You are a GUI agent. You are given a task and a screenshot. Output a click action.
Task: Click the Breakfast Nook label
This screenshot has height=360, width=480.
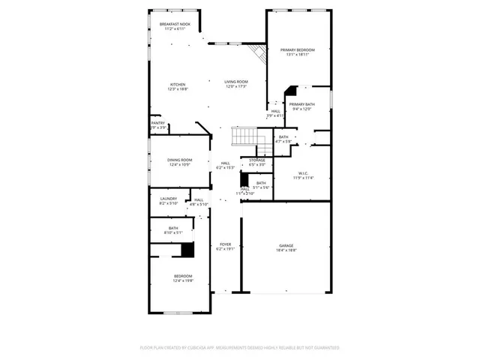pos(175,24)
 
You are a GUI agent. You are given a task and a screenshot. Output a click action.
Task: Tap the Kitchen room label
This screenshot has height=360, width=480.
pos(178,84)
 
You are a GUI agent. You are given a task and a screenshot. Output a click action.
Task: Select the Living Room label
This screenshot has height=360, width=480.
pos(236,82)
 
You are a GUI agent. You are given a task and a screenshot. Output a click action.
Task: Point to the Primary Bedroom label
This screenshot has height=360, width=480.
pos(298,50)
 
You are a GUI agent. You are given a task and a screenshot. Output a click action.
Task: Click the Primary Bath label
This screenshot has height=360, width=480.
pos(302,104)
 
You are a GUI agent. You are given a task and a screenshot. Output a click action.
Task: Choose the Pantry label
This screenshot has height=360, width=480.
pos(157,123)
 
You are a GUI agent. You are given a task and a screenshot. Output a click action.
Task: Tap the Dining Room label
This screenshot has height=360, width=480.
pos(179,159)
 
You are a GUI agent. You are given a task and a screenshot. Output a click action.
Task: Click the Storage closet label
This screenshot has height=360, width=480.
pos(257,160)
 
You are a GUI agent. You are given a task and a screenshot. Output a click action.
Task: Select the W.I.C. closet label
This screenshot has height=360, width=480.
pos(302,173)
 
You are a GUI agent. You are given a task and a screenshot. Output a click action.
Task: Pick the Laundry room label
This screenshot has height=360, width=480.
pos(168,198)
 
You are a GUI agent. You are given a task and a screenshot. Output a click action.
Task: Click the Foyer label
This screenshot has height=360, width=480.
pos(225,244)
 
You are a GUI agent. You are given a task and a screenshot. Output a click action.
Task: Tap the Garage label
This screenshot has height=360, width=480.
pos(286,245)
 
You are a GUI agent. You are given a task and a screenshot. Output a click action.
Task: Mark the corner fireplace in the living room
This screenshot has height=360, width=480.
pos(259,54)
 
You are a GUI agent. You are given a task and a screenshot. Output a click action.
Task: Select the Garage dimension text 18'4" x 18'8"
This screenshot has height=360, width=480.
pos(286,250)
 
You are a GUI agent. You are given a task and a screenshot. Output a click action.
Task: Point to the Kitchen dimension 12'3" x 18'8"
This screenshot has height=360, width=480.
pos(178,89)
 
